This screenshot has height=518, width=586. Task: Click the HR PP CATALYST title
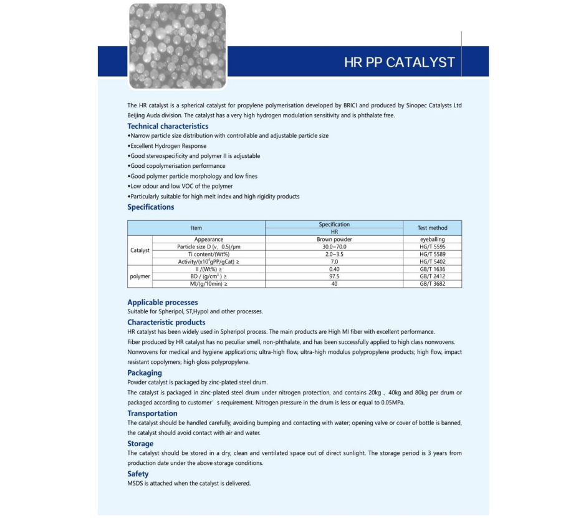coord(400,62)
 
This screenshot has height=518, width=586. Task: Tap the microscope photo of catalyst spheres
coord(177,46)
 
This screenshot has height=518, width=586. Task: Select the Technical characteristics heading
coord(168,126)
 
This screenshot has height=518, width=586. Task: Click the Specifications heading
coord(151,207)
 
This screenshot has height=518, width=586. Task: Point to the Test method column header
coord(432,228)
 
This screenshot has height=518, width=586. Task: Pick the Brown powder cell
coord(334,239)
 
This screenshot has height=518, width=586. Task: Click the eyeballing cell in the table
coord(432,239)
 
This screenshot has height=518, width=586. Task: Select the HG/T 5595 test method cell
coord(432,247)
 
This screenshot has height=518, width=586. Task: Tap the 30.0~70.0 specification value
coord(334,247)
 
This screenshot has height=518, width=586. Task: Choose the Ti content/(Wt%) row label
coord(209,254)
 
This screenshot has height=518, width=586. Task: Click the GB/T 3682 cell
coord(432,284)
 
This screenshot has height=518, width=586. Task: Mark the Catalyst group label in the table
coord(140,250)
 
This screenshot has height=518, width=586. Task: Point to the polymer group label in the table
coord(140,276)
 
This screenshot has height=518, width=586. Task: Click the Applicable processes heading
coord(163,303)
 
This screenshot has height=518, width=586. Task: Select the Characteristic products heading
coord(166,323)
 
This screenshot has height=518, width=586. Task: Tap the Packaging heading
coord(145,373)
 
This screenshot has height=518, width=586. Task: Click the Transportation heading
coord(152,413)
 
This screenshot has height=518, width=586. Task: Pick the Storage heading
coord(140,444)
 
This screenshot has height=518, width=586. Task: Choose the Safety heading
coord(138,474)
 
